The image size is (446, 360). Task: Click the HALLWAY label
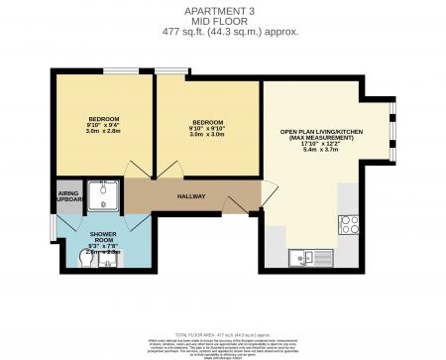click(190, 196)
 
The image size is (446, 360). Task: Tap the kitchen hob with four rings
click(348, 223)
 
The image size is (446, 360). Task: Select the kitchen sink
click(302, 260)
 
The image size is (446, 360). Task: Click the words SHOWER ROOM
click(104, 238)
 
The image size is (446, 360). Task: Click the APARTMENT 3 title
click(223, 10)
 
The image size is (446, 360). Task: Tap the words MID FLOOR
click(223, 20)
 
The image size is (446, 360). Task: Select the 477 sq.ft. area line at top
click(223, 31)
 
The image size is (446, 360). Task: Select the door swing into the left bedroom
click(139, 170)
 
